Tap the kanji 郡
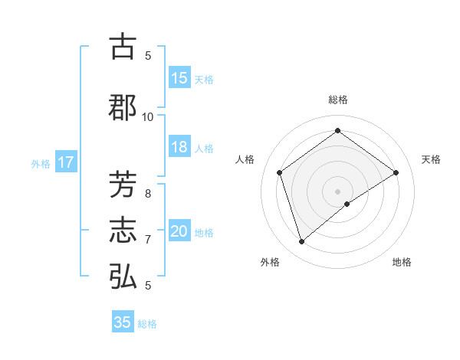coord(123,107)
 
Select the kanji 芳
coord(123,186)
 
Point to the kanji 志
coord(123,231)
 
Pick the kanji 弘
coord(123,276)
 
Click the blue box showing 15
coord(179,78)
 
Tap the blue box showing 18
coord(179,148)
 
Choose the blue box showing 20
coord(179,232)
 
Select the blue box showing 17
coord(65,162)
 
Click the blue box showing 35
coord(123,322)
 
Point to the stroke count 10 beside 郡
coord(148,116)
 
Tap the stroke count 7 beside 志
coord(148,240)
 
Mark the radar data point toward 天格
coord(396,172)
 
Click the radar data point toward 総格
coord(337,131)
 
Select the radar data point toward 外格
coord(301,242)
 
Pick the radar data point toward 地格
coord(347,204)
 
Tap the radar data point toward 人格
coord(280,172)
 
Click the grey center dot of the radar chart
coord(337,191)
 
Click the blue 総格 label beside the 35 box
coord(147,324)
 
